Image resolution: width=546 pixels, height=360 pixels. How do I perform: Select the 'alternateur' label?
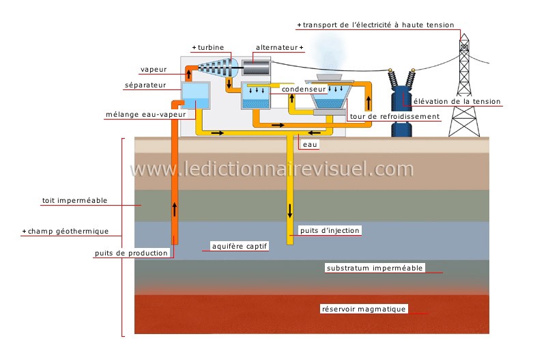pos(276,48)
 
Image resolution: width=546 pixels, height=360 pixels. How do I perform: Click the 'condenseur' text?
pos(303,89)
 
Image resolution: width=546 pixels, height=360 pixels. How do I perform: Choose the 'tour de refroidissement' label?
pos(394,116)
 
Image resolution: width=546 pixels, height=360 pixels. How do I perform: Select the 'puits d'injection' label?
pos(329,231)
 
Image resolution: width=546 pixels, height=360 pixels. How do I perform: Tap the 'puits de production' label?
pos(131,253)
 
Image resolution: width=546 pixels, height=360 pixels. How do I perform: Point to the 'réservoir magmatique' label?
pos(364,309)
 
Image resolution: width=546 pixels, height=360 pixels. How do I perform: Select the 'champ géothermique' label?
pos(68,232)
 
